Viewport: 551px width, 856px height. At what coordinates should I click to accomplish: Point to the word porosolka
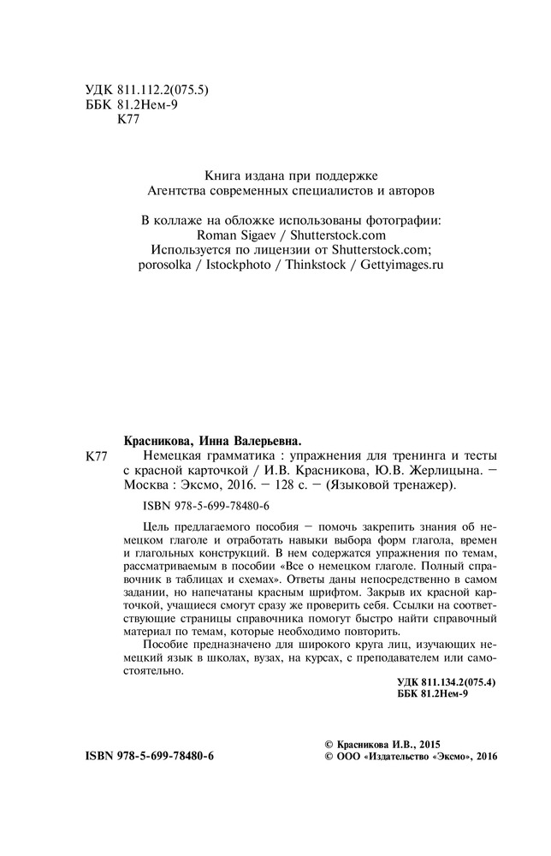168,265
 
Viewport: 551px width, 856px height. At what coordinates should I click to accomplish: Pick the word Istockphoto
239,265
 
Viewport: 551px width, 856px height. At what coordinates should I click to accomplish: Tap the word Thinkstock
313,265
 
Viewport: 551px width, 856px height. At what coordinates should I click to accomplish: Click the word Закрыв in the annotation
384,591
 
